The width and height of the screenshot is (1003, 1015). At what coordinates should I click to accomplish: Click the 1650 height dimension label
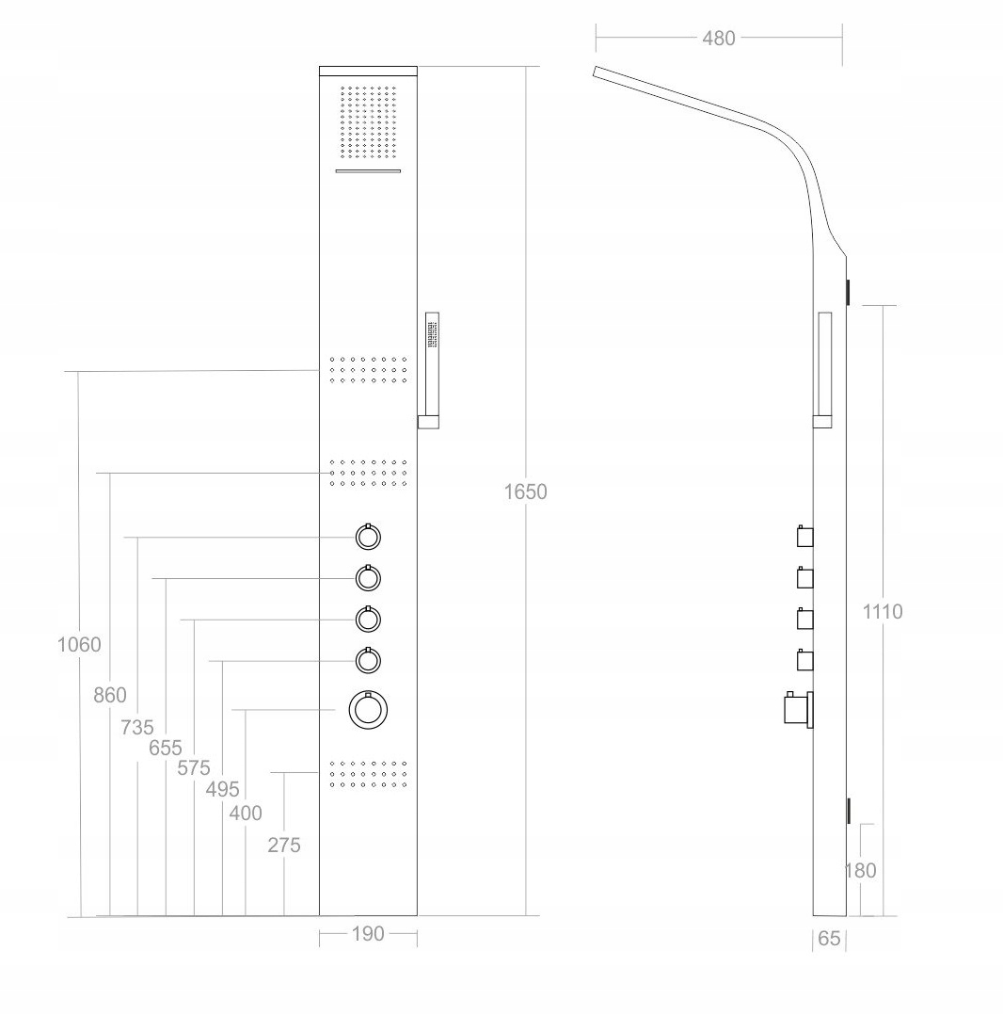pos(525,491)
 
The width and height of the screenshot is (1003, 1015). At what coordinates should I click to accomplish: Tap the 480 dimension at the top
pos(719,39)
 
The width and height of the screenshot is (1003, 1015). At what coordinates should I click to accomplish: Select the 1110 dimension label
pos(883,612)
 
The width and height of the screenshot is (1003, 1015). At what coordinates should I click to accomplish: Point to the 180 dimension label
pos(860,871)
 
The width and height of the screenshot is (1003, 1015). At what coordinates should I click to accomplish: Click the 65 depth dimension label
pos(829,939)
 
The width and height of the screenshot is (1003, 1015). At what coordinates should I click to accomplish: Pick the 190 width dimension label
pos(368,934)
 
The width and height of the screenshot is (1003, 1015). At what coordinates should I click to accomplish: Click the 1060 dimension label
pos(79,645)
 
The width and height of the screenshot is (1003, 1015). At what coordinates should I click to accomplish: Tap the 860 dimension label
pos(110,696)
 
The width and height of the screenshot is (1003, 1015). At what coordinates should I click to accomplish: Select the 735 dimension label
pos(137,727)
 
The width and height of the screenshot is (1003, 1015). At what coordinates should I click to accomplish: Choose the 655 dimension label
pos(166,749)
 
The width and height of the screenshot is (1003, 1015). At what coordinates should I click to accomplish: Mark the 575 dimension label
pos(194,768)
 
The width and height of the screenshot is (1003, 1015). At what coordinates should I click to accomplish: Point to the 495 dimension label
pos(223,789)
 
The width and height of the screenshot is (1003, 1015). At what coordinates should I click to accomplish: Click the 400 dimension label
pos(246,813)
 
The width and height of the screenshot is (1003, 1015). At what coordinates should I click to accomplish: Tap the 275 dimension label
pos(284,846)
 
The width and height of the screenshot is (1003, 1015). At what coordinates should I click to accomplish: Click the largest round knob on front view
pos(368,710)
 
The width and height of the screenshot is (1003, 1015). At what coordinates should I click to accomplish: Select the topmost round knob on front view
pos(368,538)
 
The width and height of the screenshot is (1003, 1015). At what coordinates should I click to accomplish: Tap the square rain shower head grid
pos(368,123)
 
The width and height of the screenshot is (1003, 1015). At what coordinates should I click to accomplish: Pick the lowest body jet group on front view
pos(368,772)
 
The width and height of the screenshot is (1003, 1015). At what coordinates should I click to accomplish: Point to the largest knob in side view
pos(795,708)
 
